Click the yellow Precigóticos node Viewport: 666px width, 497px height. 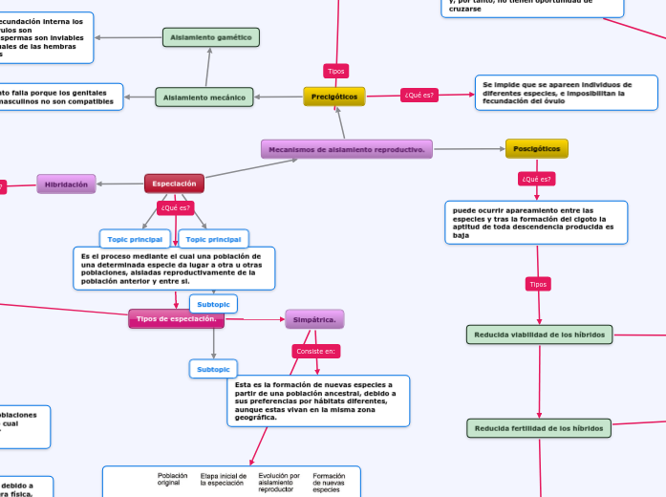pyautogui.click(x=334, y=97)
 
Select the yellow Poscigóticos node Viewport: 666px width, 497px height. pyautogui.click(x=536, y=148)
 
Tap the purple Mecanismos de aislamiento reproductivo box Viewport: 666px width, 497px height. pyautogui.click(x=346, y=149)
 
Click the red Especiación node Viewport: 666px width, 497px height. pyautogui.click(x=174, y=183)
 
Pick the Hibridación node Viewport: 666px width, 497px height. pyautogui.click(x=66, y=184)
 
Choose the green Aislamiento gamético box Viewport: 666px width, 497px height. pyautogui.click(x=210, y=37)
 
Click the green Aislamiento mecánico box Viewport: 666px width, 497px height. pyautogui.click(x=204, y=97)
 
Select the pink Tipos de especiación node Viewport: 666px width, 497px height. pyautogui.click(x=176, y=318)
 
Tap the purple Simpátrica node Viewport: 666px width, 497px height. pyautogui.click(x=314, y=319)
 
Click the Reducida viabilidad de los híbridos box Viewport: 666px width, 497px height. pyautogui.click(x=539, y=334)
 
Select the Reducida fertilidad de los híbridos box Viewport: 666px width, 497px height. pyautogui.click(x=539, y=428)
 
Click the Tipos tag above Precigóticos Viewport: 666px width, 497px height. pyautogui.click(x=336, y=71)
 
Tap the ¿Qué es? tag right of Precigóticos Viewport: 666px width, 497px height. pyautogui.click(x=419, y=95)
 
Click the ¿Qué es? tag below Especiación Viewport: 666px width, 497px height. pyautogui.click(x=176, y=207)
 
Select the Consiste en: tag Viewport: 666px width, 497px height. pyautogui.click(x=316, y=351)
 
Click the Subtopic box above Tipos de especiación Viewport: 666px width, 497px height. pyautogui.click(x=213, y=304)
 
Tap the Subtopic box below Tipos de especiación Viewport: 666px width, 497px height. pyautogui.click(x=213, y=369)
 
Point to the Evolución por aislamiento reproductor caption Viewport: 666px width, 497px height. pyautogui.click(x=279, y=482)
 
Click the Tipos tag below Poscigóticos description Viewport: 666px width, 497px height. pyautogui.click(x=538, y=284)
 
